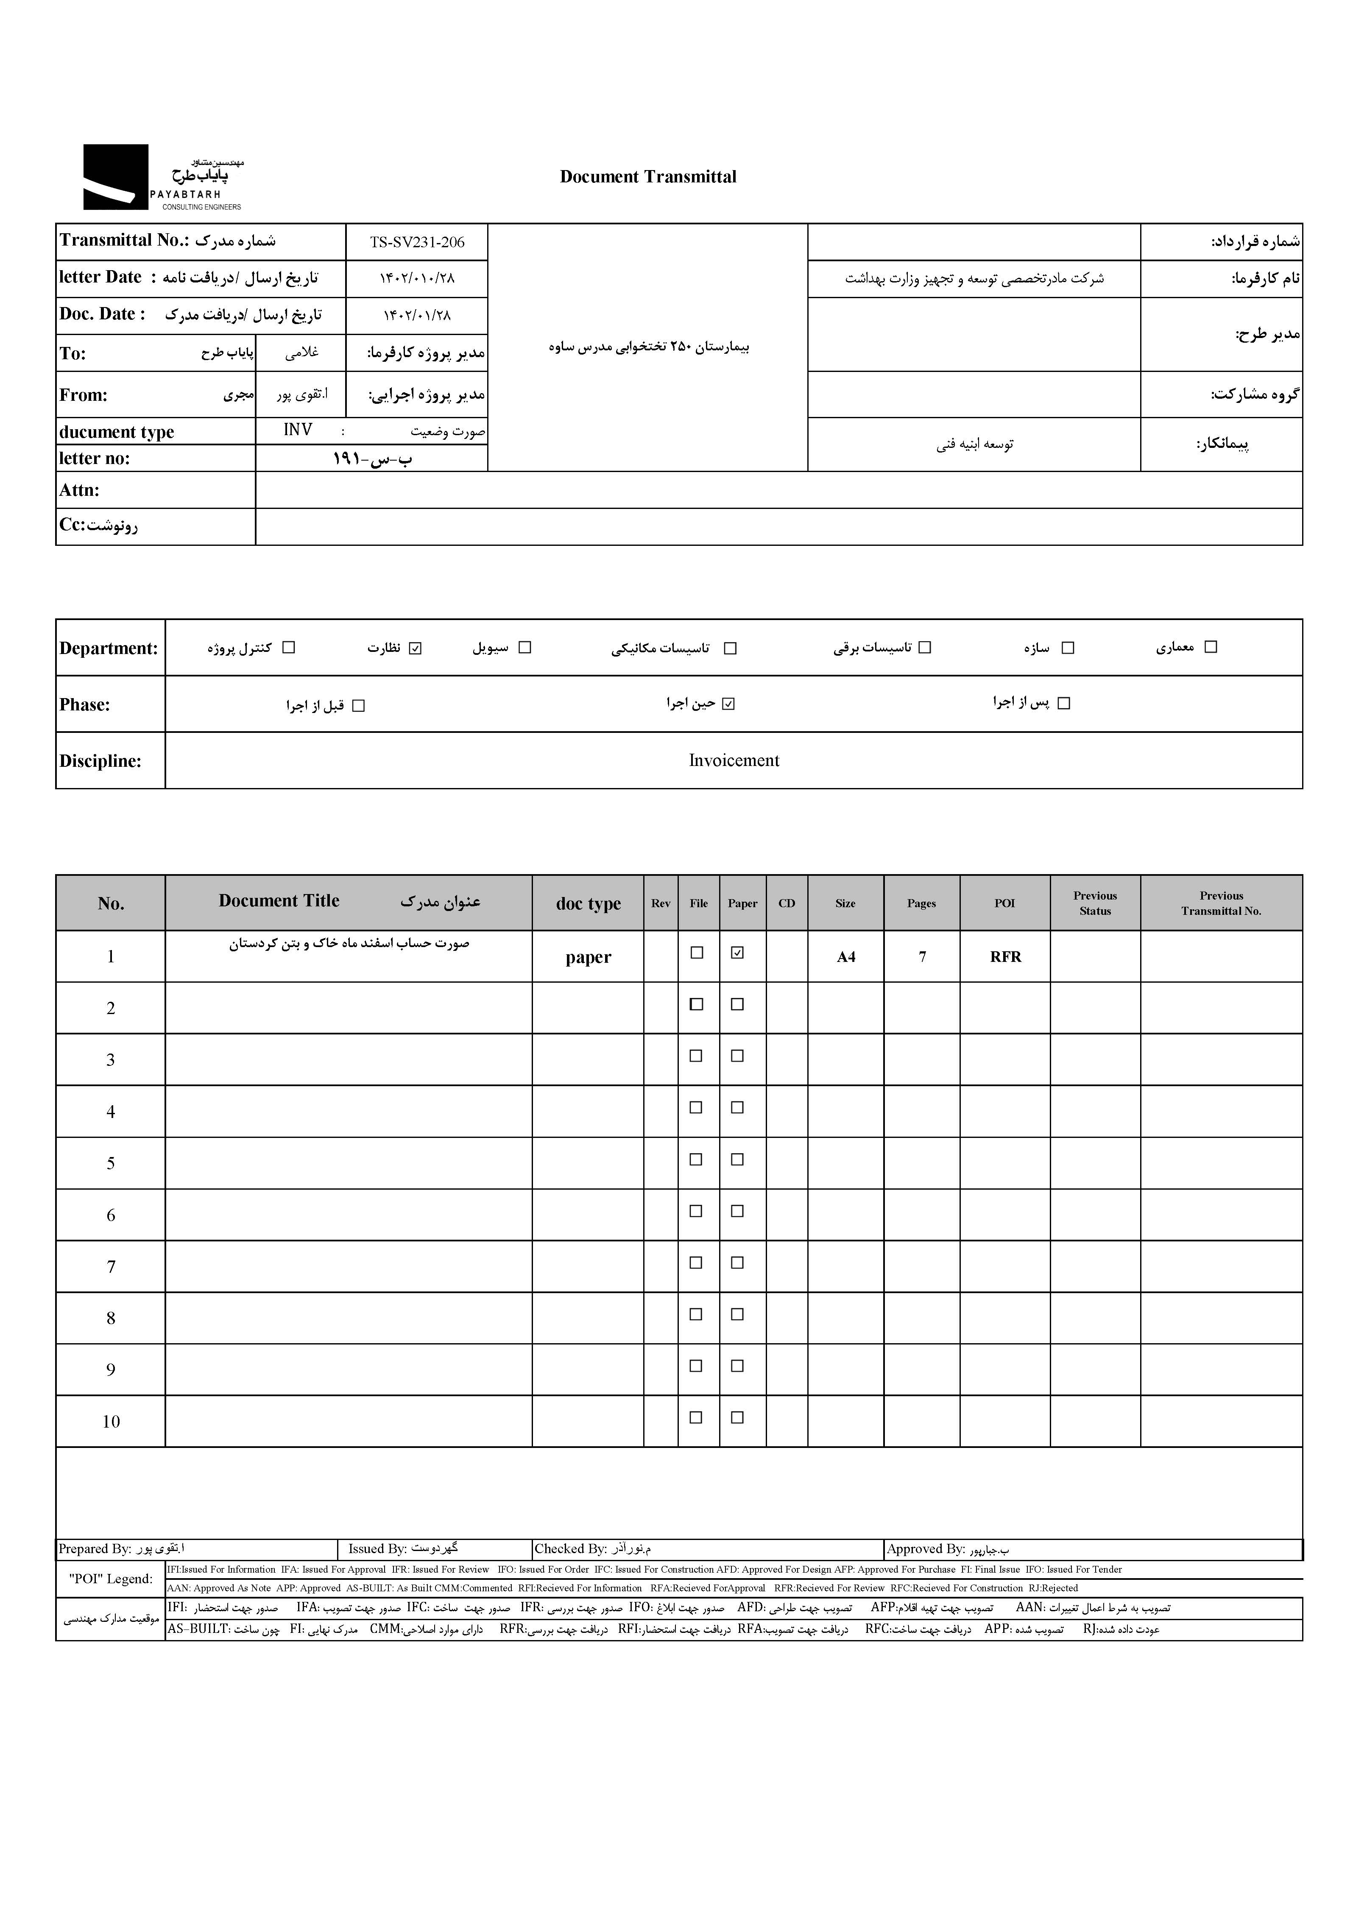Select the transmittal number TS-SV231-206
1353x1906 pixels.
pyautogui.click(x=416, y=243)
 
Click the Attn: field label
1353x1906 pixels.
pyautogui.click(x=79, y=490)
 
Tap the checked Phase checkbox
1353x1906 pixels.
pyautogui.click(x=729, y=704)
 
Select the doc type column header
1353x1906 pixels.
pyautogui.click(x=588, y=903)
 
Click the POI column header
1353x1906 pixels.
pyautogui.click(x=1005, y=903)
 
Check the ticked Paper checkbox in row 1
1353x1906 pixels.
pyautogui.click(x=737, y=953)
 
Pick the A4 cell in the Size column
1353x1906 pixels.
pyautogui.click(x=845, y=957)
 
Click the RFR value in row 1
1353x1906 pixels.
pyautogui.click(x=1006, y=957)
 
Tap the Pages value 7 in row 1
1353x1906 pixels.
pyautogui.click(x=922, y=957)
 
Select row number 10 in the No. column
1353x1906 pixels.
pyautogui.click(x=111, y=1422)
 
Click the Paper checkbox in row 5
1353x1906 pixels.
pyautogui.click(x=737, y=1159)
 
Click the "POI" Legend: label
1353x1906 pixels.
pyautogui.click(x=111, y=1579)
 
